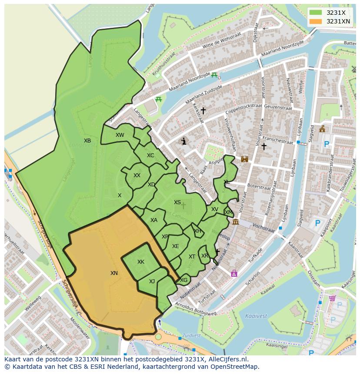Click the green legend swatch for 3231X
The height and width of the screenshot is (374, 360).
316,13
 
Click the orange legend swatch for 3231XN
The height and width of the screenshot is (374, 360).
316,21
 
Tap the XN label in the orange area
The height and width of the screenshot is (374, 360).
114,273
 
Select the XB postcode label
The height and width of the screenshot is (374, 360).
87,141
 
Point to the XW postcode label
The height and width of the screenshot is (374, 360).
120,135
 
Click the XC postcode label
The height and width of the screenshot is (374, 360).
150,156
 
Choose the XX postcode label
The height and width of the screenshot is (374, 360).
137,175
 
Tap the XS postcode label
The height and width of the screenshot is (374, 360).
177,202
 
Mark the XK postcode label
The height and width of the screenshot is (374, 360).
140,262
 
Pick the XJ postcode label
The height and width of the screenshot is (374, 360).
152,281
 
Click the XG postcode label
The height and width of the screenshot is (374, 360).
183,280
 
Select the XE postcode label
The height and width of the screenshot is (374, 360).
175,246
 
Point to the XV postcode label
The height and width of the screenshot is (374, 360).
214,209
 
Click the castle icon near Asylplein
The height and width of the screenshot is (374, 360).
244,159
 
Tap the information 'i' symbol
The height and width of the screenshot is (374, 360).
184,141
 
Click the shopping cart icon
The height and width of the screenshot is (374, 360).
332,298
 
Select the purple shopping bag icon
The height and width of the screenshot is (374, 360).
234,273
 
